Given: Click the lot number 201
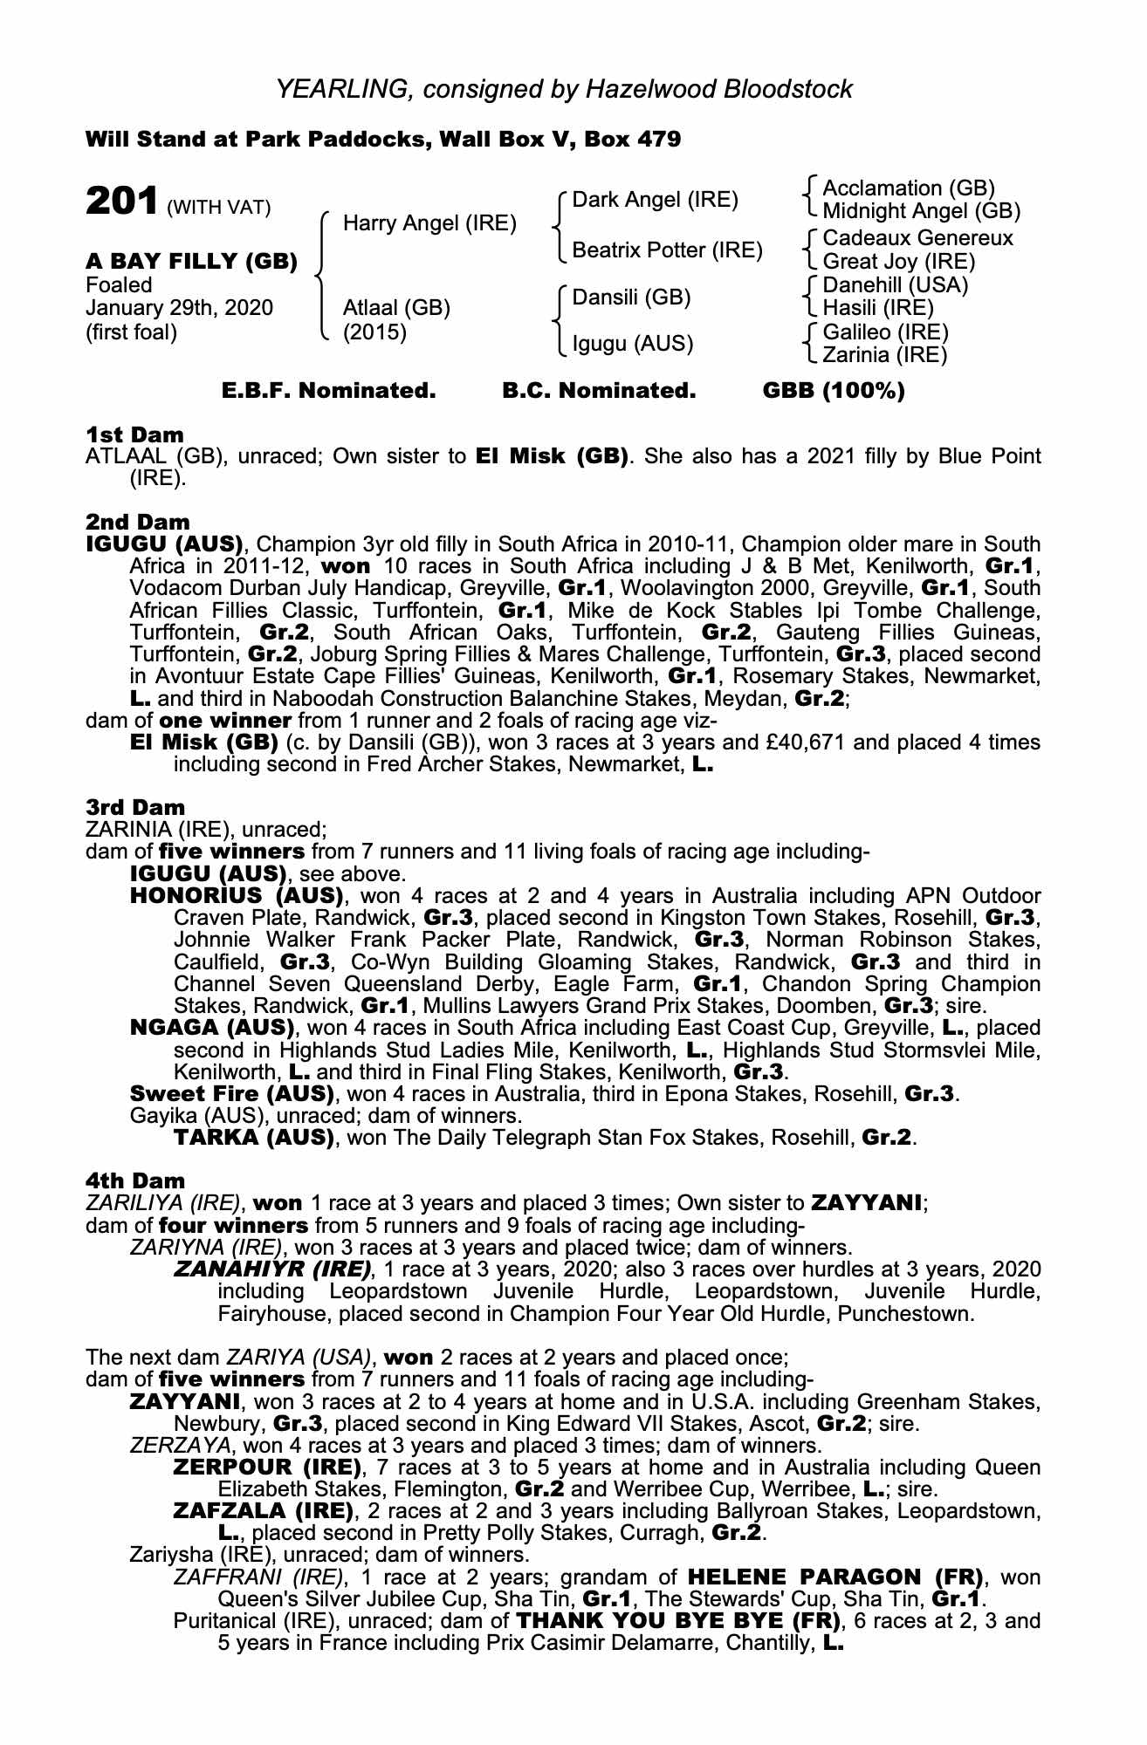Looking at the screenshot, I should tap(121, 202).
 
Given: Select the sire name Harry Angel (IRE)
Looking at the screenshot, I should tap(429, 223).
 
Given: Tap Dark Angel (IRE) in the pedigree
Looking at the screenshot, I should tap(655, 200).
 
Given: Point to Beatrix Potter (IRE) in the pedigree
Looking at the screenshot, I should tap(667, 251).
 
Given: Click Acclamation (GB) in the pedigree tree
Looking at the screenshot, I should tap(909, 188).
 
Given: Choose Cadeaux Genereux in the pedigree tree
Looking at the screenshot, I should tap(917, 238).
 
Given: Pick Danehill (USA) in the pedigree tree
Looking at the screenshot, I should tap(896, 284).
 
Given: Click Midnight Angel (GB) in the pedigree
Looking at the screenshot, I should tap(921, 210).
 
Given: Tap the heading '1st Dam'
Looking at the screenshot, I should tap(135, 435).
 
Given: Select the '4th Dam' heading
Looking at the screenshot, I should tap(135, 1180).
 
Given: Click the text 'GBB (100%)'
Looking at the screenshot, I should tap(834, 391).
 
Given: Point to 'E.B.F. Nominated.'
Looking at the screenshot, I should tap(329, 391).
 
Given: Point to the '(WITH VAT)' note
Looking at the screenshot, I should tap(218, 208).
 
